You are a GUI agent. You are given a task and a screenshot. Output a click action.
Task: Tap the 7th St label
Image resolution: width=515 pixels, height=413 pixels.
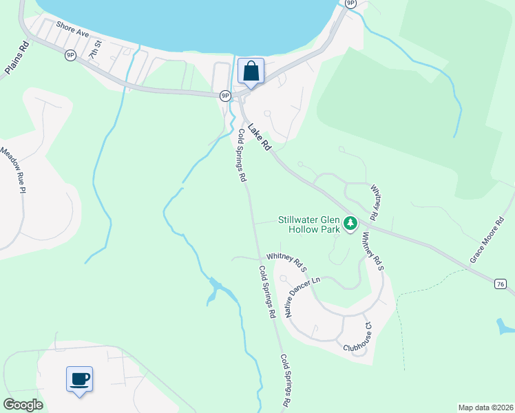(x=95, y=47)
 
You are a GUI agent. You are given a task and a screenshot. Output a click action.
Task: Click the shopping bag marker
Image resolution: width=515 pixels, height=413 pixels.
(x=251, y=71)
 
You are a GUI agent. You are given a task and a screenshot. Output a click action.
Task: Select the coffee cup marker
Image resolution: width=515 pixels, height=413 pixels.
(x=79, y=378)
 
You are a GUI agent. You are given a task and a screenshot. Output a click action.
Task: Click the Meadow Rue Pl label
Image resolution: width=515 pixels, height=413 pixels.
(x=13, y=171)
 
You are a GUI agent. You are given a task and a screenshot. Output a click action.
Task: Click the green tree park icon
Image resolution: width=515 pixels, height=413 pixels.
(x=351, y=223)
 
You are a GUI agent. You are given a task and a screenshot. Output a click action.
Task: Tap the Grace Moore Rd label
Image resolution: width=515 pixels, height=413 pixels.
(x=487, y=242)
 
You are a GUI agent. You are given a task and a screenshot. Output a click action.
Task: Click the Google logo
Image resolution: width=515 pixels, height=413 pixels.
(x=23, y=405)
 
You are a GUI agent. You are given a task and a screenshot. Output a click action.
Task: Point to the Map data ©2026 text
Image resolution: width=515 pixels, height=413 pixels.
(x=485, y=407)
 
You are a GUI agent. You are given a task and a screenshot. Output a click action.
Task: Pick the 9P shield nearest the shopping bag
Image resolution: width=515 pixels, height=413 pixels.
(x=225, y=96)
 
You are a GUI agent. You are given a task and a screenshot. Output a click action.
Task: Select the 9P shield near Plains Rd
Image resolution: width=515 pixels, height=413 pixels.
(x=70, y=55)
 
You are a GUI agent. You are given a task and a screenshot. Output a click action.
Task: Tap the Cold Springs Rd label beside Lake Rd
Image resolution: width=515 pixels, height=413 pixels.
(x=242, y=155)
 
